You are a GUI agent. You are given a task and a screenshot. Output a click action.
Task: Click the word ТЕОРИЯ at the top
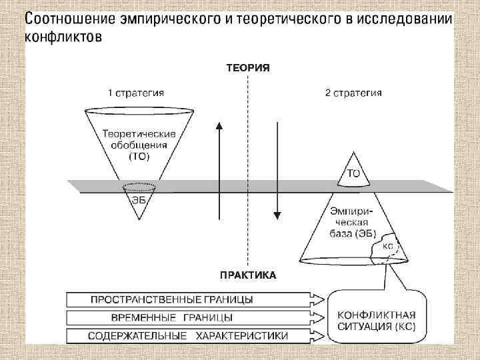tap(248, 68)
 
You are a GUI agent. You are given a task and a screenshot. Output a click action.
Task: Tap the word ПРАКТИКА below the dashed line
tap(248, 274)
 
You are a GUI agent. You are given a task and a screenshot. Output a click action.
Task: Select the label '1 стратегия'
tap(136, 93)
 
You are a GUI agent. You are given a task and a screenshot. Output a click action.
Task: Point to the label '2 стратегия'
tap(353, 93)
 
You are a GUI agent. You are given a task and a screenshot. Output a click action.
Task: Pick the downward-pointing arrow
tap(277, 170)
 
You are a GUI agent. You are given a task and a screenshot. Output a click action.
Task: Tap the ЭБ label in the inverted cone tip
tap(138, 198)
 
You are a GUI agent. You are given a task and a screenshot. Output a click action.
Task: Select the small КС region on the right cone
tap(387, 246)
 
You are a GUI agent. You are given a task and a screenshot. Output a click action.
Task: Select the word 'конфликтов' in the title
tap(63, 36)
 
